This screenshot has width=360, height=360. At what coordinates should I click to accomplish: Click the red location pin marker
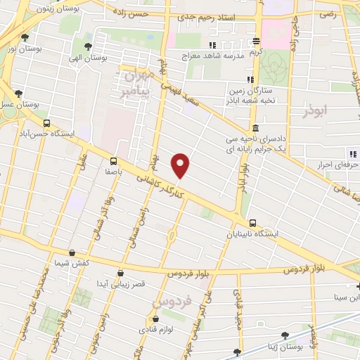pos(181,165)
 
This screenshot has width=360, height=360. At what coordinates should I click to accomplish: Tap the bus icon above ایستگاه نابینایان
pos(252,223)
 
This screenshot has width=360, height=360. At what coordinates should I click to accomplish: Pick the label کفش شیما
pos(70,263)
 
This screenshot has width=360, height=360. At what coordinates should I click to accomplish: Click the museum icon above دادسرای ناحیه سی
pos(254,128)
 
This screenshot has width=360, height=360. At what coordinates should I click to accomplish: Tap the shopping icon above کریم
pos(256,41)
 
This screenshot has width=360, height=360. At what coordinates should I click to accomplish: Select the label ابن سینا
pos(347,297)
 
